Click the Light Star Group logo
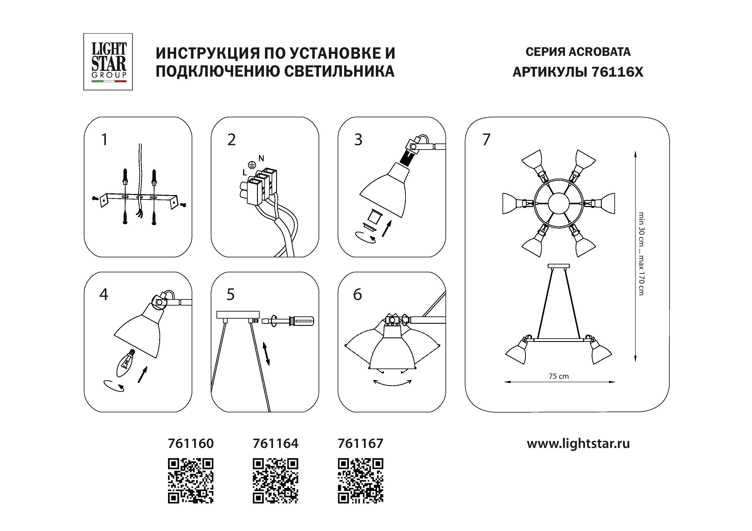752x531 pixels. pyautogui.click(x=108, y=61)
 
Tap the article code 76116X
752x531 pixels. pyautogui.click(x=617, y=72)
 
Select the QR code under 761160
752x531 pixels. pyautogui.click(x=191, y=481)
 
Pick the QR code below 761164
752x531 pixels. pyautogui.click(x=275, y=481)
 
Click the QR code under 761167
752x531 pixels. pyautogui.click(x=360, y=481)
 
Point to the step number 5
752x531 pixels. pyautogui.click(x=231, y=294)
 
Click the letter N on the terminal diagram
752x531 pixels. pyautogui.click(x=261, y=159)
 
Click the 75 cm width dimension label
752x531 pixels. pyautogui.click(x=559, y=376)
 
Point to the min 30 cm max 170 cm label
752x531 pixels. pyautogui.click(x=641, y=254)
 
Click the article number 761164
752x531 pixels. pyautogui.click(x=275, y=444)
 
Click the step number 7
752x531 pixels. pyautogui.click(x=486, y=140)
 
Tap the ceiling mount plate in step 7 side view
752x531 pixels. pyautogui.click(x=559, y=266)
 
